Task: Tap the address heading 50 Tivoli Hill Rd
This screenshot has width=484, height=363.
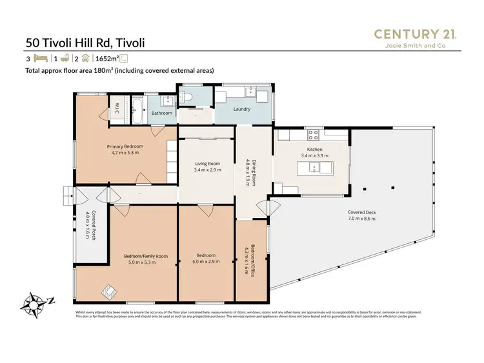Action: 85,43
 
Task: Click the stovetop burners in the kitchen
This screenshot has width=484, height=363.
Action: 314,135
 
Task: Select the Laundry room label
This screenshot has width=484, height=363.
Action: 242,109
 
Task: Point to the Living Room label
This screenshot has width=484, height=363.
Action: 208,164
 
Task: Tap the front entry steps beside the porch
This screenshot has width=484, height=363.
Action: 68,194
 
